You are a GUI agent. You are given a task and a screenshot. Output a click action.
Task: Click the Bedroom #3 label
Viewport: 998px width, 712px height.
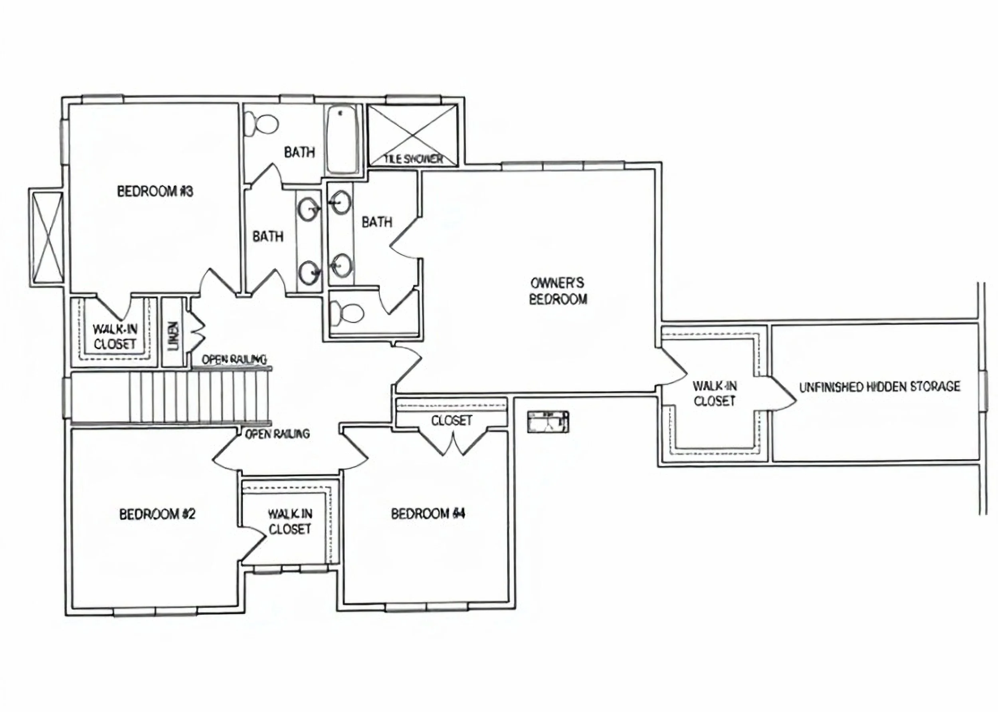[x=155, y=192]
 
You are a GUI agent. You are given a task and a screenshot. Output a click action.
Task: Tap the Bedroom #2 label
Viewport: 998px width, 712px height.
[x=157, y=514]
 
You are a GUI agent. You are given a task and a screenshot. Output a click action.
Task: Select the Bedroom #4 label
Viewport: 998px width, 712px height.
[x=428, y=514]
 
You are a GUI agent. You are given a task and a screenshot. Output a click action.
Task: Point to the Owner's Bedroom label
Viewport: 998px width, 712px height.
[x=558, y=291]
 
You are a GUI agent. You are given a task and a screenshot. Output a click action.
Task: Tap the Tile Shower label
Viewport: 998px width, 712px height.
[x=413, y=159]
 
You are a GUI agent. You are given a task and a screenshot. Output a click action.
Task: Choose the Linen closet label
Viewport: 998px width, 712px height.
[x=174, y=336]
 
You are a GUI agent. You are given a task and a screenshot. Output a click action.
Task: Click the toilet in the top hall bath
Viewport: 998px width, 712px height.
[x=261, y=124]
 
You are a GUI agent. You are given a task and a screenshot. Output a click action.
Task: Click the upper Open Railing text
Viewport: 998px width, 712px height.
[x=234, y=359]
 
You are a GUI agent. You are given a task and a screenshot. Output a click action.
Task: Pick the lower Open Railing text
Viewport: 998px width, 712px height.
[x=277, y=434]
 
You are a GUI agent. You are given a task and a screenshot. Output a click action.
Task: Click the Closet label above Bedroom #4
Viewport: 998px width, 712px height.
[x=451, y=420]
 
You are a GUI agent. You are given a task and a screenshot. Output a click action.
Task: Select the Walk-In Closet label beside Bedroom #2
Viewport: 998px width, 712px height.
[x=290, y=521]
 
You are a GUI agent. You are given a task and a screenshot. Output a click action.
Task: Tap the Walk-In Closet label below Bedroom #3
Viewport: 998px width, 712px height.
[x=115, y=336]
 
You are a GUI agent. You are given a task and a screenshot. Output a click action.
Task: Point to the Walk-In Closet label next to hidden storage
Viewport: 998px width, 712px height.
[x=715, y=393]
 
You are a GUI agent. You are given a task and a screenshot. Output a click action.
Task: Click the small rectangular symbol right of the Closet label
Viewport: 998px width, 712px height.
[x=548, y=422]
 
